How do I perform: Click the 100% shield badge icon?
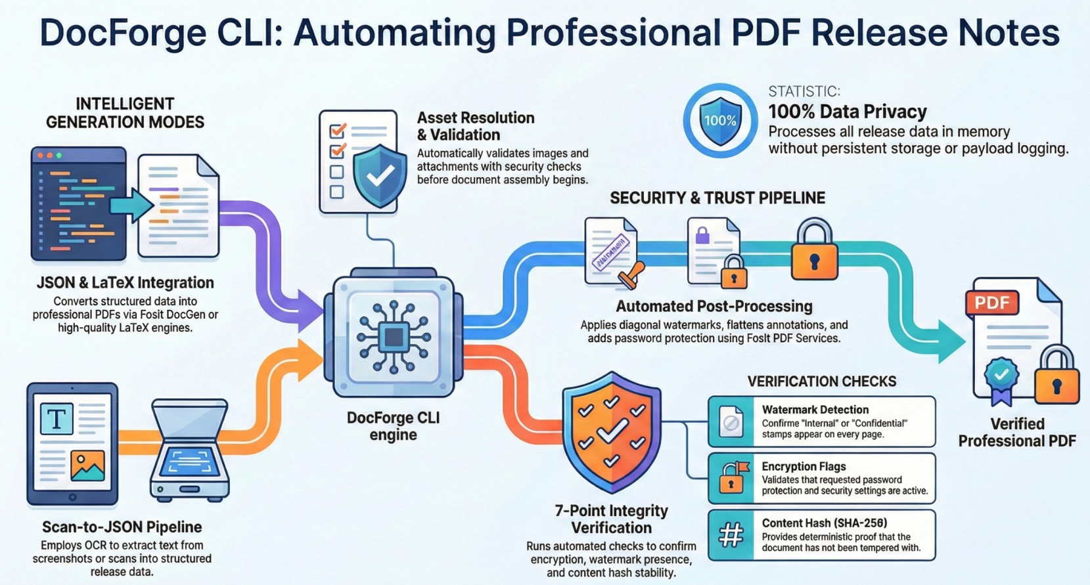[x=721, y=121]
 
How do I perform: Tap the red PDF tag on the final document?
[x=992, y=303]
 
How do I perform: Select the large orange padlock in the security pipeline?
[x=815, y=248]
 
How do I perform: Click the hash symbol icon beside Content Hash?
[x=731, y=535]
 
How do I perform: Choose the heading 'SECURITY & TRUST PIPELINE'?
[x=717, y=198]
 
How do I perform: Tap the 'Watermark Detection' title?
[x=815, y=410]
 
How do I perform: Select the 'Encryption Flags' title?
[x=804, y=466]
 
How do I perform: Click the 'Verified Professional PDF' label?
[x=1017, y=432]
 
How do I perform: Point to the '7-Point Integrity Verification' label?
[x=611, y=519]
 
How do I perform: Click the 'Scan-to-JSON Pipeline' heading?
[x=122, y=527]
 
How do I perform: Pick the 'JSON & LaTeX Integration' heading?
[x=125, y=282]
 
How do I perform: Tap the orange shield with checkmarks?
[x=612, y=432]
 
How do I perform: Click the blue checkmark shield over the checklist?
[x=380, y=176]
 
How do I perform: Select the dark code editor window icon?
[x=78, y=204]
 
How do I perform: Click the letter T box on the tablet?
[x=57, y=418]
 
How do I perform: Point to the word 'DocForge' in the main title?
[x=123, y=33]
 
